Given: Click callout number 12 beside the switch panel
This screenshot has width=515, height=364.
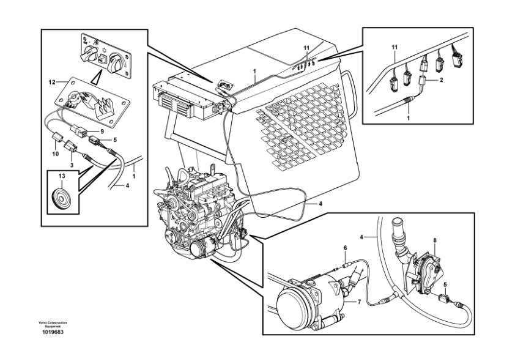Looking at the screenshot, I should [x=52, y=81].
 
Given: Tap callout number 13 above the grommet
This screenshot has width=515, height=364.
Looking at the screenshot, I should [x=61, y=177].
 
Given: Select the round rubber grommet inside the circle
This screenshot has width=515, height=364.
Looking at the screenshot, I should [x=61, y=198].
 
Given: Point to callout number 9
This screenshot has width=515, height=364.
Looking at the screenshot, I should [x=102, y=131].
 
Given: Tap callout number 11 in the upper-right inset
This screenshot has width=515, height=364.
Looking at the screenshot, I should [x=395, y=46].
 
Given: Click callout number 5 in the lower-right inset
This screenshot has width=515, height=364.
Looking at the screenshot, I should [x=445, y=284].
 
